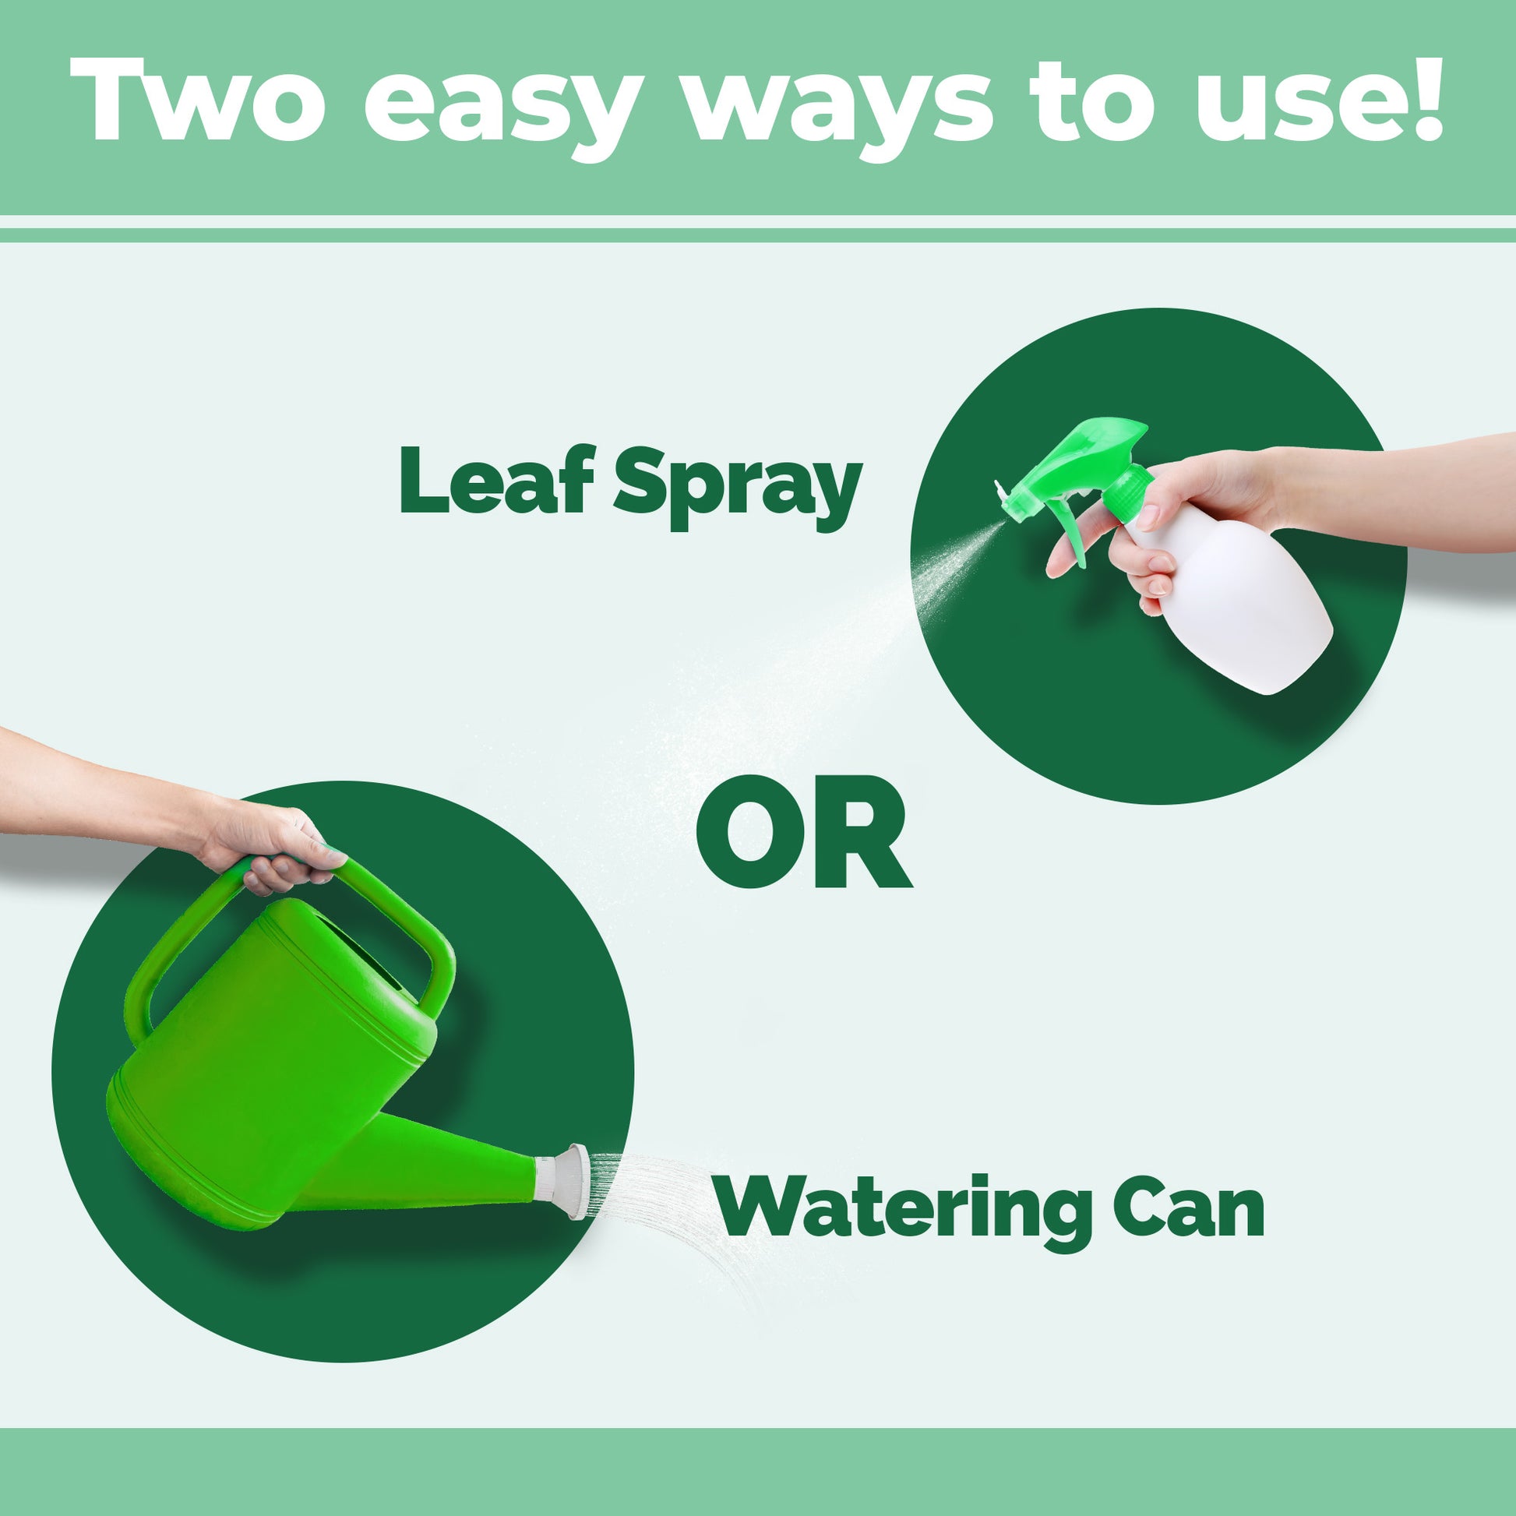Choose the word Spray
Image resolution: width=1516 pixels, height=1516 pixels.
click(x=738, y=486)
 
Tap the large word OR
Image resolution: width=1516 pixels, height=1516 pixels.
click(x=803, y=831)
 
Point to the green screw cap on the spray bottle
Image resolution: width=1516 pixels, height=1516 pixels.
click(x=1128, y=492)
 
